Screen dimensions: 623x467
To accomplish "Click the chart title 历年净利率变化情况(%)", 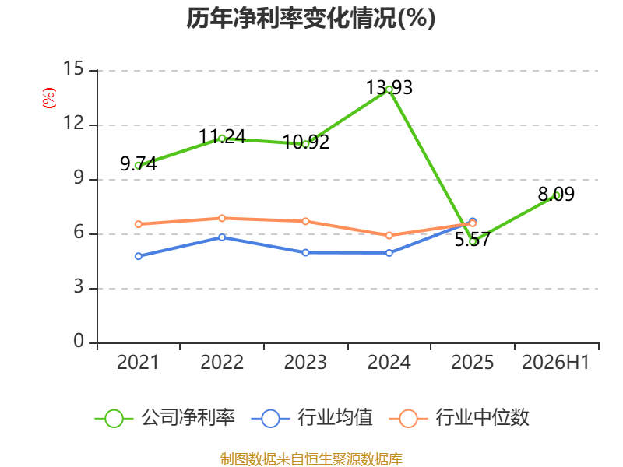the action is click(x=311, y=18).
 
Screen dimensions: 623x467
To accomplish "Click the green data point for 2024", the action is click(x=389, y=90).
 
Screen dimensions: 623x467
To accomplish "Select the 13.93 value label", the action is click(x=389, y=87).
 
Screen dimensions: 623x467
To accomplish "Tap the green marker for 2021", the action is click(x=139, y=166).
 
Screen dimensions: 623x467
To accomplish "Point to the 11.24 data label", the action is click(x=222, y=137).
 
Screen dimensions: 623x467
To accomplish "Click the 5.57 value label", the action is click(x=473, y=240).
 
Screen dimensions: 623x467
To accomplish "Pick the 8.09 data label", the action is click(x=556, y=194).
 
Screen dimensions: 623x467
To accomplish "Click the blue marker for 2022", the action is click(x=222, y=237).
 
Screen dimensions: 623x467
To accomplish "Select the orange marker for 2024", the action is click(x=389, y=236).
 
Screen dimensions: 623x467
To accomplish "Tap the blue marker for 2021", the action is click(x=139, y=256).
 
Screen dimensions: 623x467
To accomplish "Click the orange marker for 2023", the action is click(x=305, y=221).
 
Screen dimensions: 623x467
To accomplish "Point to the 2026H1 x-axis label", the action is click(x=555, y=363).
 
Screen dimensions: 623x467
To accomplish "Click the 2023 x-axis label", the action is click(x=305, y=363).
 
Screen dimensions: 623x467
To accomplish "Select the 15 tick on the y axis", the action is click(x=73, y=68).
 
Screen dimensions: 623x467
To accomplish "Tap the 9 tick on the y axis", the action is click(x=79, y=178).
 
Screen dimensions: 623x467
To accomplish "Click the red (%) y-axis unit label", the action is click(x=49, y=98).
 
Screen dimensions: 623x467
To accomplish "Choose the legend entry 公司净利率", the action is click(x=165, y=418).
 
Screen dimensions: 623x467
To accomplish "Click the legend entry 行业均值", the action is click(x=312, y=418).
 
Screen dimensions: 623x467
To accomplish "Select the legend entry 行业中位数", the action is click(x=459, y=418).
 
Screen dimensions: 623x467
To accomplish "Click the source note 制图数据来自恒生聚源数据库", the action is click(x=311, y=459).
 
